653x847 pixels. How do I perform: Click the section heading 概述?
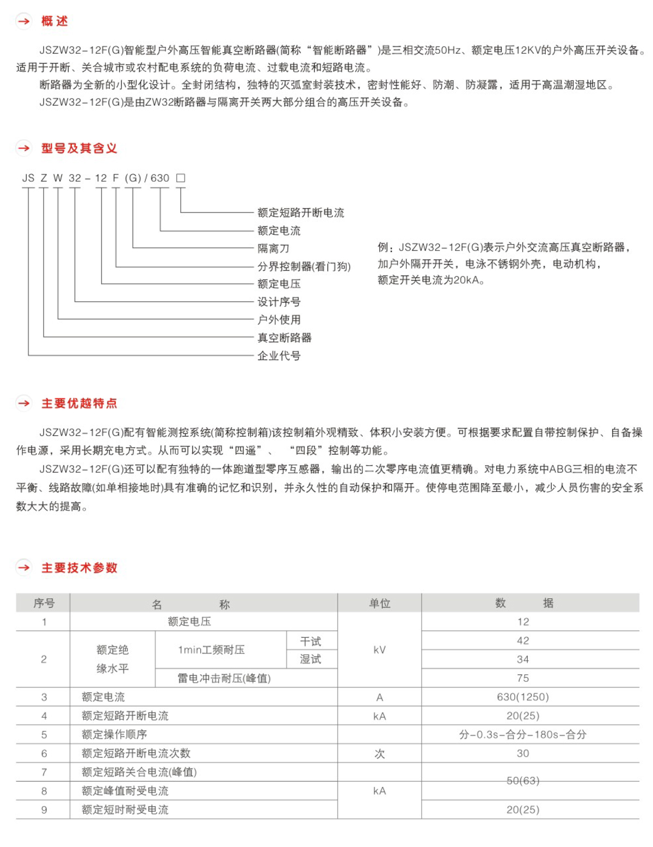[x=54, y=21]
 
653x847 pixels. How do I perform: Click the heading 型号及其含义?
[x=79, y=148]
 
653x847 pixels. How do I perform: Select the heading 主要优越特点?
[x=79, y=404]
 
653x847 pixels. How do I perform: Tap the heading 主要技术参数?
[x=79, y=568]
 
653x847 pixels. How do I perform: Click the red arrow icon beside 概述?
[x=24, y=21]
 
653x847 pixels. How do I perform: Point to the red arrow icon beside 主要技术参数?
[x=24, y=568]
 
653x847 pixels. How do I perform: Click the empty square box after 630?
[x=181, y=178]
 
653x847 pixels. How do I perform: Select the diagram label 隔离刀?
[x=273, y=248]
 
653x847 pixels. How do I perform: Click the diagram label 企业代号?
[x=279, y=356]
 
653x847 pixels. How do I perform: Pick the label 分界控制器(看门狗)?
[x=304, y=266]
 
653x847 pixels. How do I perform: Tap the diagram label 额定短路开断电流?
[x=300, y=212]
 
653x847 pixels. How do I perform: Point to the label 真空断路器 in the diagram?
[x=284, y=338]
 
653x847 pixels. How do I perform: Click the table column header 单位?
[x=379, y=604]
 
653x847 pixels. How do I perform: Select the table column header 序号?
[x=44, y=604]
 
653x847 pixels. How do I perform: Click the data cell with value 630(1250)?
[x=522, y=697]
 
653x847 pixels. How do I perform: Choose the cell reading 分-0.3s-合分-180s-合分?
[x=522, y=735]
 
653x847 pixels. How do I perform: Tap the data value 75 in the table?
[x=522, y=678]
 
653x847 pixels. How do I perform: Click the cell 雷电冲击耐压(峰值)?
[x=224, y=678]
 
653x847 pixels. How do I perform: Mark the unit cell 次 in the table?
[x=379, y=754]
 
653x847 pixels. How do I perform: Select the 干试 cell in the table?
[x=311, y=642]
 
